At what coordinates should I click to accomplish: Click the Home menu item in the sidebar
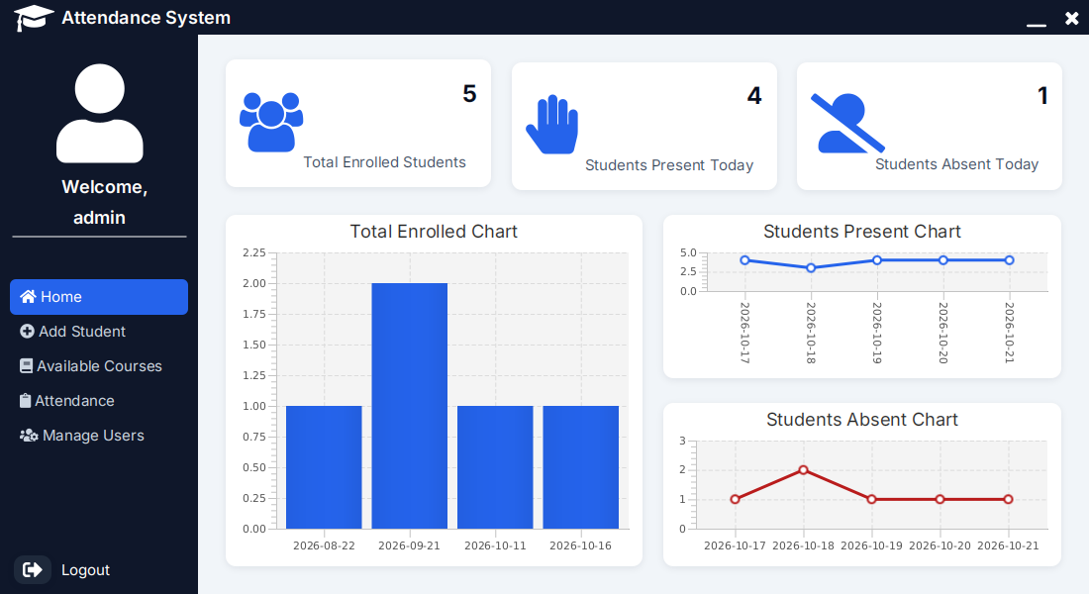click(x=99, y=297)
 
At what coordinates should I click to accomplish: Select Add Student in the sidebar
click(x=73, y=332)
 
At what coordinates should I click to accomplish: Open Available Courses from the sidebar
click(x=91, y=366)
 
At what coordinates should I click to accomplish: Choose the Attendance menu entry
click(x=67, y=401)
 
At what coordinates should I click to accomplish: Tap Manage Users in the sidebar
click(x=82, y=436)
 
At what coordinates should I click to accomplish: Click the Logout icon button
click(x=32, y=570)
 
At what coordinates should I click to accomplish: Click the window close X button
click(x=1071, y=18)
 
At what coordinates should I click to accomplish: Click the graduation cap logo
click(x=33, y=18)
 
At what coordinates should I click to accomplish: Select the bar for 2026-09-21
click(x=410, y=406)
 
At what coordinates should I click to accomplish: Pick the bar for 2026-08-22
click(x=324, y=467)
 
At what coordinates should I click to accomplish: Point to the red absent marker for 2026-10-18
click(x=804, y=470)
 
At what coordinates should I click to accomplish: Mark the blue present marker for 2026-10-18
click(x=811, y=268)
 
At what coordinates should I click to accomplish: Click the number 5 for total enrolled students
click(x=469, y=94)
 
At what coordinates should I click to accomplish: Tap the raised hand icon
click(x=552, y=125)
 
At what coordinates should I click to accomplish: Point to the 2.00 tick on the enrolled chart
click(x=254, y=283)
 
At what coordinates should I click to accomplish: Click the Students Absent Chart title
click(x=862, y=420)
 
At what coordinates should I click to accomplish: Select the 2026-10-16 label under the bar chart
click(x=580, y=546)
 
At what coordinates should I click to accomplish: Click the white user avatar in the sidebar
click(x=100, y=113)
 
